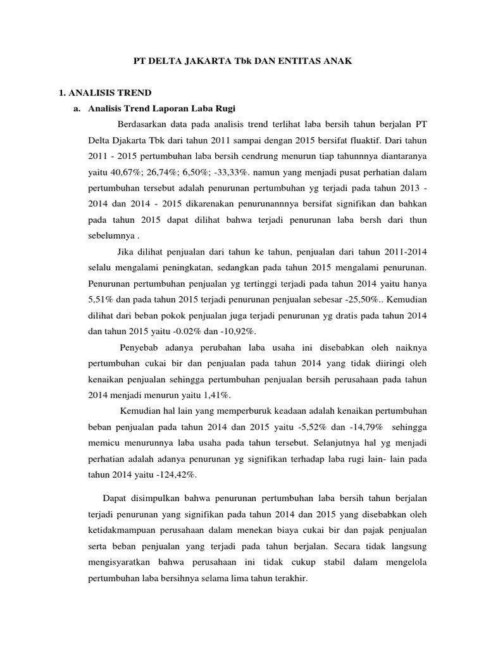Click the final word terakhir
pyautogui.click(x=290, y=578)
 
